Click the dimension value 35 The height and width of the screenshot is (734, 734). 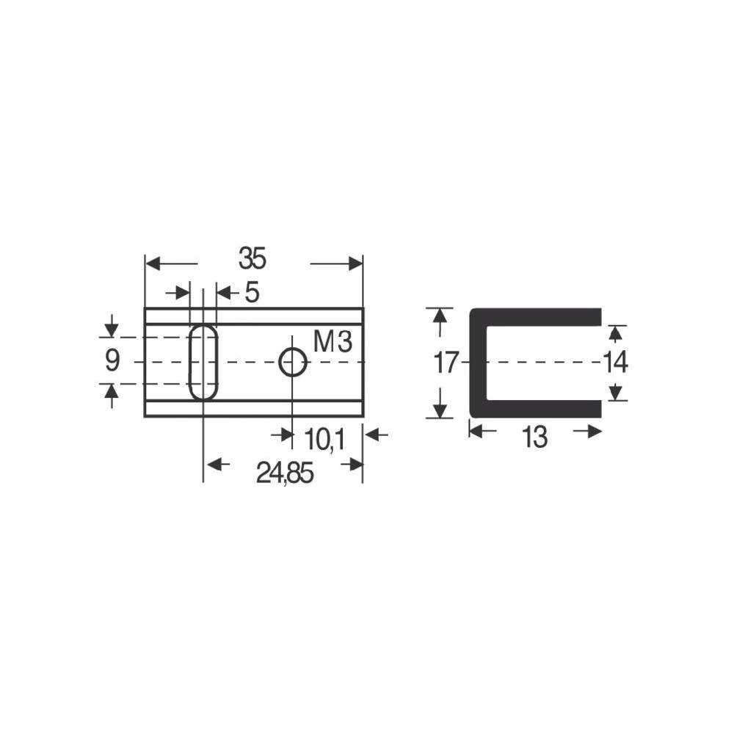[x=252, y=258]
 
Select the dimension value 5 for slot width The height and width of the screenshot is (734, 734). [x=252, y=294]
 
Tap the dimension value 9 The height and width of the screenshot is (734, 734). [x=112, y=361]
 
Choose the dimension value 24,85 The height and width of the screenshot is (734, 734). [x=285, y=474]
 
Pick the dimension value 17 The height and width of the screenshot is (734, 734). [x=446, y=363]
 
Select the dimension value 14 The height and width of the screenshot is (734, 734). [x=615, y=363]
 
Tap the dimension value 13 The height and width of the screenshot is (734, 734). [x=535, y=438]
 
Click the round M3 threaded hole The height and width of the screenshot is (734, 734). [x=293, y=362]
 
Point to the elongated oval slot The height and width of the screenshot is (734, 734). [x=203, y=362]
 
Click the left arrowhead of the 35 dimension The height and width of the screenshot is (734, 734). [x=152, y=263]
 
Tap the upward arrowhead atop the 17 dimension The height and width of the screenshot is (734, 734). [x=439, y=315]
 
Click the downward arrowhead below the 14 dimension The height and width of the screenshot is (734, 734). [x=617, y=394]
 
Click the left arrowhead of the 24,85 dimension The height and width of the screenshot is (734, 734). [x=212, y=464]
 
